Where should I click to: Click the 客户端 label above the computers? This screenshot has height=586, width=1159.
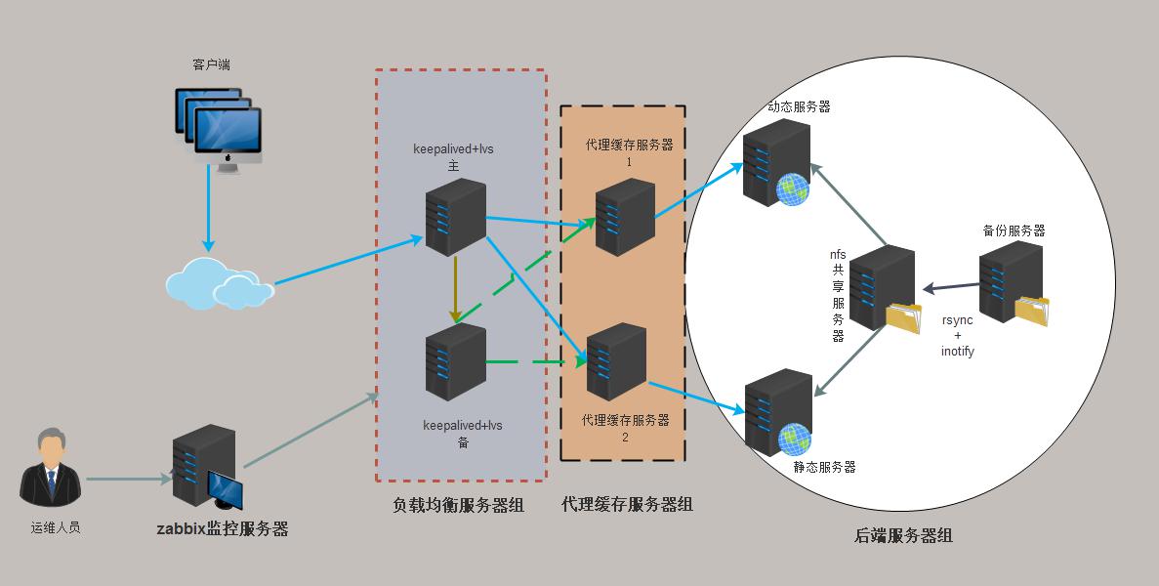click(x=212, y=65)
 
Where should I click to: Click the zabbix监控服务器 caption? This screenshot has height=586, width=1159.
click(x=223, y=529)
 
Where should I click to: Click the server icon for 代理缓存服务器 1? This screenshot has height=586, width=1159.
click(x=625, y=217)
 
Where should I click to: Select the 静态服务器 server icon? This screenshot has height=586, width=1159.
click(x=778, y=410)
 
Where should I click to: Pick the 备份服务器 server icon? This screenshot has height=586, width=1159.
click(x=1012, y=283)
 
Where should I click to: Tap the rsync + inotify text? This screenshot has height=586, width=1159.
click(x=957, y=335)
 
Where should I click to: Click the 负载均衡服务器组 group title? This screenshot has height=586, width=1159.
click(x=458, y=506)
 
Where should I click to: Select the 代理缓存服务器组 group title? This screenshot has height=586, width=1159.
click(x=627, y=504)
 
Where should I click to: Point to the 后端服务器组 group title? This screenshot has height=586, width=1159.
click(x=903, y=535)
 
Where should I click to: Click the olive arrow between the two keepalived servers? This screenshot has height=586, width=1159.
click(x=455, y=290)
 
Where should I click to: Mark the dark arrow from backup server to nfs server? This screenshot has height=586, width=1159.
click(x=951, y=287)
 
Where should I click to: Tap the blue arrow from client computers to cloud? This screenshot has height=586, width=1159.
click(x=207, y=207)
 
